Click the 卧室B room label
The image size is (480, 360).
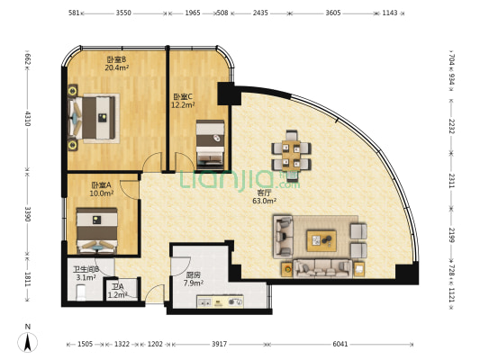(116, 59)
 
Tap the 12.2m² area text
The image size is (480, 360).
(183, 105)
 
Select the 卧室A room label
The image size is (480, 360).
(102, 185)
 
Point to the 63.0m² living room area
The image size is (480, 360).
(264, 201)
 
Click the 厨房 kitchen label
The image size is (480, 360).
(194, 275)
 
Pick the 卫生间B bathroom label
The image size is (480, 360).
(86, 269)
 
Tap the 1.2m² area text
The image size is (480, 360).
(118, 295)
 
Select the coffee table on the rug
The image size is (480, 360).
(322, 241)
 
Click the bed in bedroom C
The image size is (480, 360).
(210, 144)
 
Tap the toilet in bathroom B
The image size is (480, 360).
(81, 292)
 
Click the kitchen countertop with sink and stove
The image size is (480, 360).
(220, 301)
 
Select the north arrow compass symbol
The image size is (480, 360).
(28, 342)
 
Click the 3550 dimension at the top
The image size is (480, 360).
(123, 13)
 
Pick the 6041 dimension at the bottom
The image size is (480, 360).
(340, 344)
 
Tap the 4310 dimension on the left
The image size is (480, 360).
(28, 119)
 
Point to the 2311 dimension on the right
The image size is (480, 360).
(452, 181)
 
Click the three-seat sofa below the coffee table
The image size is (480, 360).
(322, 268)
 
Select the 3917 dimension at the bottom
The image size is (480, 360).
(219, 344)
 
